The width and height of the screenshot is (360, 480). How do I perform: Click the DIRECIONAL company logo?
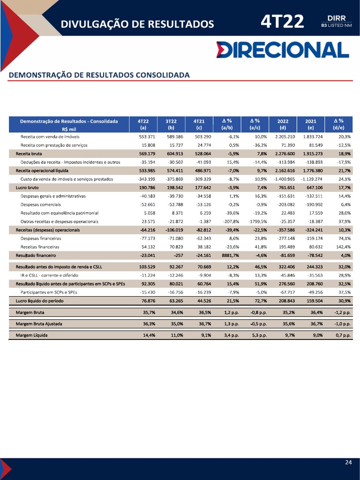tap(283, 50)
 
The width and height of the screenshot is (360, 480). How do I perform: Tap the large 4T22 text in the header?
tap(283, 22)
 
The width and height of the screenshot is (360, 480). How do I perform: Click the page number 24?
tap(348, 463)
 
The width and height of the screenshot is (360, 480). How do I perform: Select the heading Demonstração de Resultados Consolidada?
tap(99, 75)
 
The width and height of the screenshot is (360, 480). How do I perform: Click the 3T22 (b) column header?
tap(171, 124)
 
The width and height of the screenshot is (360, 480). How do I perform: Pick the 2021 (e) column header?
tap(311, 124)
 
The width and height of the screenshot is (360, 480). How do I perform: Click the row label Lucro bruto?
tap(28, 187)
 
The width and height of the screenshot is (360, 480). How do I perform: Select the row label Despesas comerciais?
tap(40, 204)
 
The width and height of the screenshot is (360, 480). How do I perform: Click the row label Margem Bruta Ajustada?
tap(39, 323)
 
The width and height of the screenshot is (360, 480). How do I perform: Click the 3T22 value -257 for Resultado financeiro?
tap(178, 255)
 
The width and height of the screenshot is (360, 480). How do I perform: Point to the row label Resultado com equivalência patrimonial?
tap(60, 213)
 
